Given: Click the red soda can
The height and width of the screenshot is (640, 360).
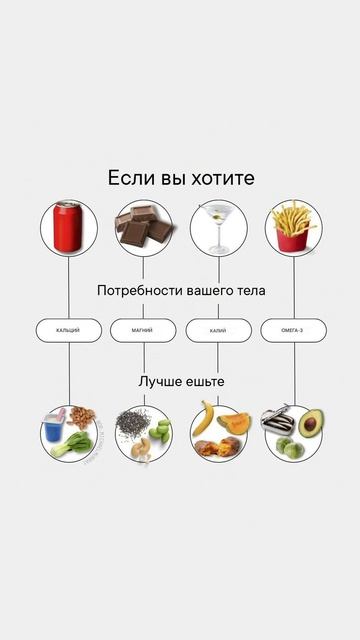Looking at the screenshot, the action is click(68, 228).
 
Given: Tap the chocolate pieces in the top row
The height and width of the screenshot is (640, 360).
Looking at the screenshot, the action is click(143, 228).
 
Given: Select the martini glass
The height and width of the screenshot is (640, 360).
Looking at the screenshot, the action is click(218, 225).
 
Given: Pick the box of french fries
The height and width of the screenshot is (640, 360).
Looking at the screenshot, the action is click(292, 229).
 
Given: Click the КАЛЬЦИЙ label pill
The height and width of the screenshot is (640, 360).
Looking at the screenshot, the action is click(68, 330).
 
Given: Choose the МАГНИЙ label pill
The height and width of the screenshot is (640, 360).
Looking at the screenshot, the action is click(143, 330).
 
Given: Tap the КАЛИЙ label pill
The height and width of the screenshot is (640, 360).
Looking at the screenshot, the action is click(218, 330).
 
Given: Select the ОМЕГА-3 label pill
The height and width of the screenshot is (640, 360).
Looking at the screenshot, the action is click(293, 330).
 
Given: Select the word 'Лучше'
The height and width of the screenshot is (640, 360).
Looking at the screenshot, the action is click(160, 382).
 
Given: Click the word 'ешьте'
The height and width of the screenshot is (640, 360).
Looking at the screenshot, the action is click(207, 382).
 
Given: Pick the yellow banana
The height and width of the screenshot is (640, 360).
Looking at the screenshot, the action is click(203, 418).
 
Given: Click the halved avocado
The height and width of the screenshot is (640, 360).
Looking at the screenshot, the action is click(310, 424).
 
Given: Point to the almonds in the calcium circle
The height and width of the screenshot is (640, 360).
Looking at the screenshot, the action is click(85, 417).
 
